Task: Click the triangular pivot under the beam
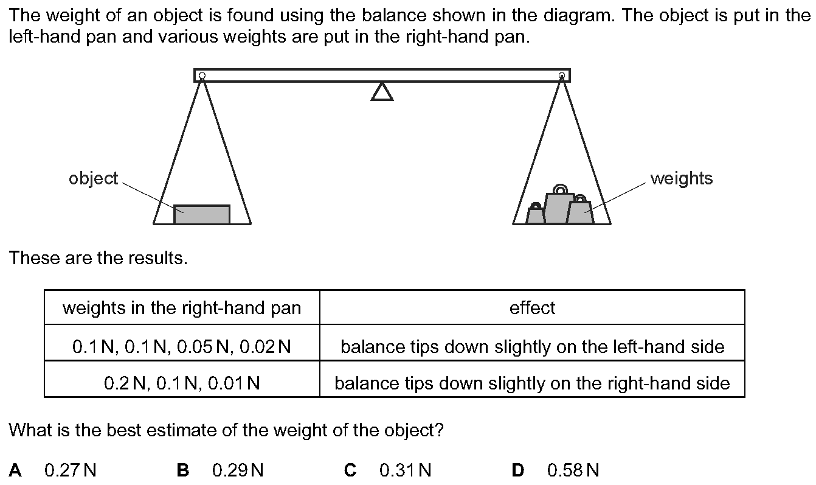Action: tap(382, 92)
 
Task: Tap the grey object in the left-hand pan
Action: tap(202, 215)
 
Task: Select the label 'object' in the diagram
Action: tap(93, 178)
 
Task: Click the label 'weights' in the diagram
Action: tap(681, 178)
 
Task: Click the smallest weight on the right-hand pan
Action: tap(535, 215)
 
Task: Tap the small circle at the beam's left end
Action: tap(202, 76)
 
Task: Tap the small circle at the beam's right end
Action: tap(562, 76)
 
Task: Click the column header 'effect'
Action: tap(532, 308)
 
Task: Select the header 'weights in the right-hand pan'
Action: tap(182, 308)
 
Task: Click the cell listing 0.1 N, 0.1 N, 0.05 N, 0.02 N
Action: tap(182, 347)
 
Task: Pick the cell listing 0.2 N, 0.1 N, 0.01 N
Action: tap(182, 383)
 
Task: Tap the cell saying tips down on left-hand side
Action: tap(532, 347)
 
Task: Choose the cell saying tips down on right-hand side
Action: tap(532, 383)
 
